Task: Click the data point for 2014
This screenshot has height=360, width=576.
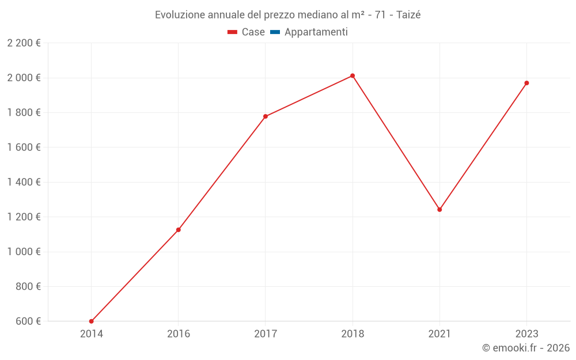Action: click(x=92, y=321)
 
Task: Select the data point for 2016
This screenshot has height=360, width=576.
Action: click(x=179, y=230)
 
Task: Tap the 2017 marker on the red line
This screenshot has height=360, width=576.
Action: click(x=266, y=116)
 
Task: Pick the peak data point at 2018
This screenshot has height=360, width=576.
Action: click(x=353, y=75)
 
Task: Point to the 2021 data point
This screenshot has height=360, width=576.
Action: click(x=439, y=210)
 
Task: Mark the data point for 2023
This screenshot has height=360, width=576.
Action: click(x=526, y=83)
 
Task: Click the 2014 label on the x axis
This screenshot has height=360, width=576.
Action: click(x=92, y=334)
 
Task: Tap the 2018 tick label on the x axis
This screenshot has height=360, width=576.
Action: click(x=353, y=334)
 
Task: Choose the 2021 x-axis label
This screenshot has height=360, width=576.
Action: click(x=439, y=334)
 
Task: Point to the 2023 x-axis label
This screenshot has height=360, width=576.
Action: click(x=526, y=334)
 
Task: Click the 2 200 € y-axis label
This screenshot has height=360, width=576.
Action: click(x=24, y=43)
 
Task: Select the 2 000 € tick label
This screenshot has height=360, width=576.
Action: click(x=24, y=78)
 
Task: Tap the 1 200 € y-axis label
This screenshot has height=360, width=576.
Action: click(x=24, y=217)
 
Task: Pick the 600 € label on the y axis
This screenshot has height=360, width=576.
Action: click(x=27, y=321)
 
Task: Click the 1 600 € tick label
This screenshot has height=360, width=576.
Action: click(x=24, y=147)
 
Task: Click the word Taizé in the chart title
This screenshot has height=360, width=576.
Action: click(x=408, y=15)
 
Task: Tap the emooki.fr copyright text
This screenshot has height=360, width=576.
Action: click(x=526, y=348)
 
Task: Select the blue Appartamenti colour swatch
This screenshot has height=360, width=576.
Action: click(x=275, y=32)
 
